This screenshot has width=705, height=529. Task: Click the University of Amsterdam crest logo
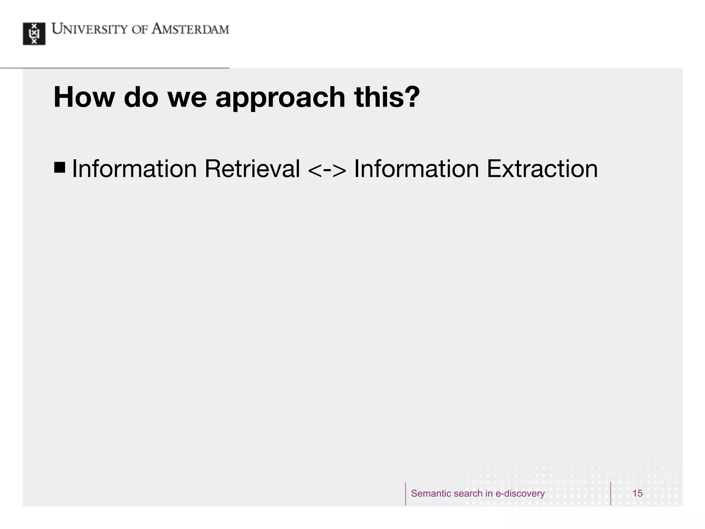click(34, 34)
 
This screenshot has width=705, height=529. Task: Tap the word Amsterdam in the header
click(190, 29)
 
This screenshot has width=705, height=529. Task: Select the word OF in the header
click(140, 30)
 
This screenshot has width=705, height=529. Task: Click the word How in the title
click(84, 97)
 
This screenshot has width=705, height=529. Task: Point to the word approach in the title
click(280, 98)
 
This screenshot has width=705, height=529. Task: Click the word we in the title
click(187, 98)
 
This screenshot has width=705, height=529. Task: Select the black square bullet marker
click(60, 167)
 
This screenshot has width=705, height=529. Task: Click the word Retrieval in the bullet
click(252, 169)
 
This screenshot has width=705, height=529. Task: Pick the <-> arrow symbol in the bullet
click(327, 169)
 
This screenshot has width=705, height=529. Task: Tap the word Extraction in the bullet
click(542, 169)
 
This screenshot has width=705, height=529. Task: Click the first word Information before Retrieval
click(134, 169)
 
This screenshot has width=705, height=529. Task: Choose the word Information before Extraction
click(417, 169)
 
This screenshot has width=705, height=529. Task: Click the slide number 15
click(637, 494)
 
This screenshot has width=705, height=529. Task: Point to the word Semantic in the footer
click(429, 494)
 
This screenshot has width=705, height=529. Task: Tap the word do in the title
click(141, 97)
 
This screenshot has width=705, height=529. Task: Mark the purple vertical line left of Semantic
click(406, 494)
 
